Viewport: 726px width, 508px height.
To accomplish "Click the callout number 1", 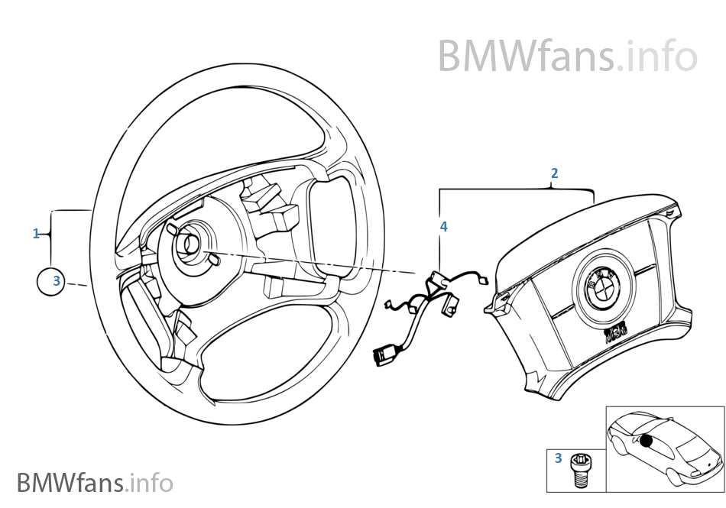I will point(36,234).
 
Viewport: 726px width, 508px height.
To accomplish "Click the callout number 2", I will point(554,173).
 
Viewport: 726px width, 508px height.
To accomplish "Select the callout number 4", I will point(443,227).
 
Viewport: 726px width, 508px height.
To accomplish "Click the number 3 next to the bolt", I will point(558,458).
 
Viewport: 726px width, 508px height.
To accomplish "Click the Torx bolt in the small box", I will point(582,469).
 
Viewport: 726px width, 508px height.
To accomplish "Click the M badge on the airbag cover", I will point(615,334).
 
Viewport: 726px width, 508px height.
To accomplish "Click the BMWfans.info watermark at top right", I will point(567,57).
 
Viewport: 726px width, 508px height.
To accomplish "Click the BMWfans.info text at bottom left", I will point(95,483).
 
